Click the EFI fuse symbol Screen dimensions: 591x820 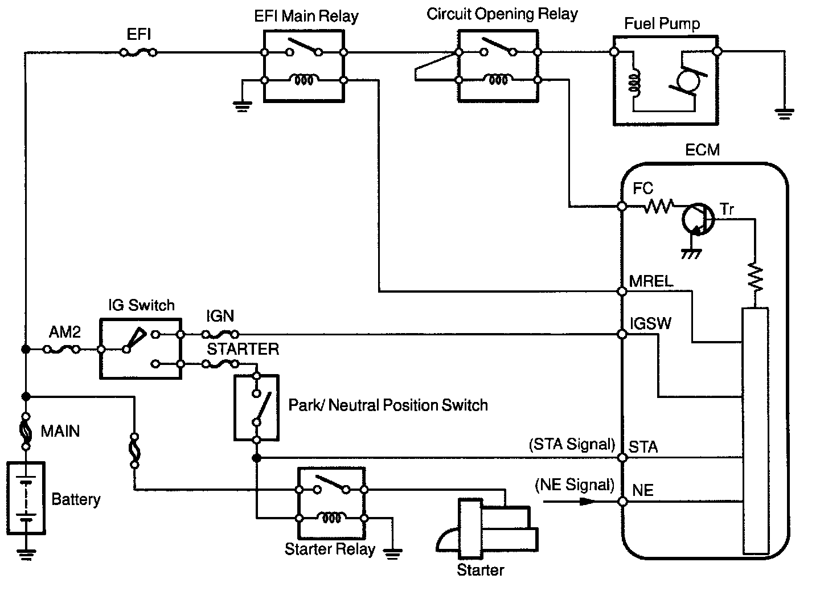tap(138, 52)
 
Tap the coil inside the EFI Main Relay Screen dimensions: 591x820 tap(304, 80)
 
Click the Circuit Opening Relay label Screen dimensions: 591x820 tap(502, 14)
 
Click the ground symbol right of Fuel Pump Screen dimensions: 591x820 tap(785, 113)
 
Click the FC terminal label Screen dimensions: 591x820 tap(643, 188)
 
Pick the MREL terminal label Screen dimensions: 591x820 tap(651, 281)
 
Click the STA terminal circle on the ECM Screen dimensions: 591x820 tap(622, 458)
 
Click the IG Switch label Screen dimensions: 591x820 tap(141, 305)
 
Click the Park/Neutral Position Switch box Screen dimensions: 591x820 tap(256, 407)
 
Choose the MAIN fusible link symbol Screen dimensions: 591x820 tap(25, 431)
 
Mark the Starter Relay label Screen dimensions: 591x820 tap(330, 549)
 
